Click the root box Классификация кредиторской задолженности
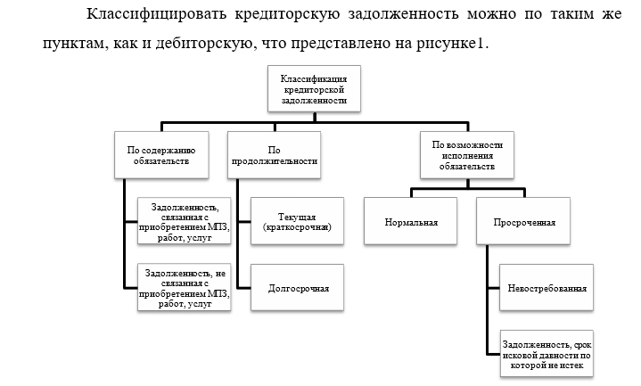[x=314, y=89]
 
